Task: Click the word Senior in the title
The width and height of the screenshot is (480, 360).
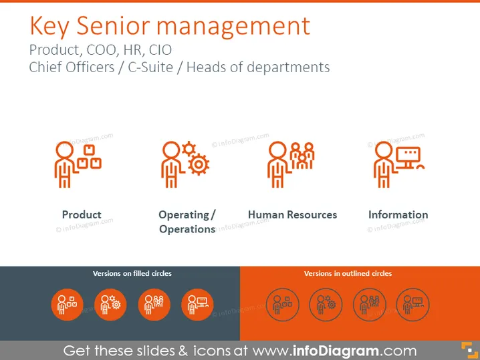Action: tap(113, 25)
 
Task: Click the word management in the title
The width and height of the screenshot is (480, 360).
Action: tap(233, 27)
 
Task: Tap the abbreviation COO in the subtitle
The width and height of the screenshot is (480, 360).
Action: tap(102, 50)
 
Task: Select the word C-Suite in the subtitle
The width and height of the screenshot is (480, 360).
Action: tap(150, 67)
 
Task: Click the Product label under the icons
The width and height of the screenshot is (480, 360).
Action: tap(82, 214)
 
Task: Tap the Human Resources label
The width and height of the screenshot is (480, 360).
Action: tap(292, 214)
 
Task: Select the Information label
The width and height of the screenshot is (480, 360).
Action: tap(398, 214)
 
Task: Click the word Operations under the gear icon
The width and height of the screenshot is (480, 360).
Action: tap(187, 229)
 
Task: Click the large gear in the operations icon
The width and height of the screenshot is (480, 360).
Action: tap(199, 164)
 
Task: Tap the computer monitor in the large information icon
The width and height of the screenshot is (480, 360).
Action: tap(408, 157)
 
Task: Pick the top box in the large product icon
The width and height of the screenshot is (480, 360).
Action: tap(89, 150)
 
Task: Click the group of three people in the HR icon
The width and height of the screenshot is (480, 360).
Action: tap(302, 156)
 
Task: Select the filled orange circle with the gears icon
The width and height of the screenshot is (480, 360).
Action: tap(110, 305)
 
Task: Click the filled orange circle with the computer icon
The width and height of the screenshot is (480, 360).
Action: tap(197, 305)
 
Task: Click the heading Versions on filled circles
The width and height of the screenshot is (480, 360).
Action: tap(132, 273)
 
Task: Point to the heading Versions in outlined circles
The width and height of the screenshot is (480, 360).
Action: tap(348, 273)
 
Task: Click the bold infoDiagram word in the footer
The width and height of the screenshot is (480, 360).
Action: tap(336, 351)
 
